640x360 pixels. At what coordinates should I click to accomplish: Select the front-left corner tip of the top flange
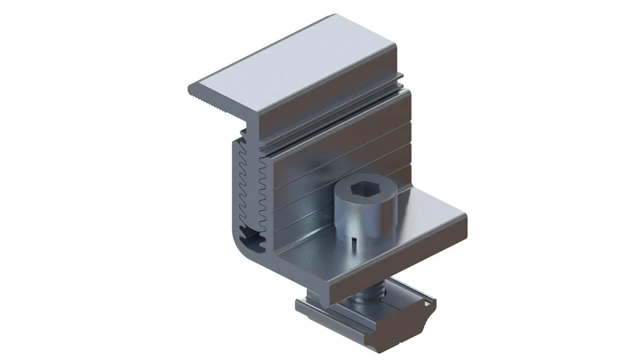(x=189, y=89)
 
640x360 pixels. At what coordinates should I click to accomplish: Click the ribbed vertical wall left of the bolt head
(x=302, y=181)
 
